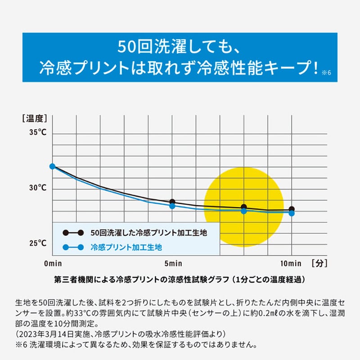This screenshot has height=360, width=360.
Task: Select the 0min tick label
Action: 53,263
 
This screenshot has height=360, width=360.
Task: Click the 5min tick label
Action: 172,263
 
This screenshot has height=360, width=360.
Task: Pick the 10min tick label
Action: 292,263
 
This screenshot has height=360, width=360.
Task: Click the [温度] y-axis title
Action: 34,119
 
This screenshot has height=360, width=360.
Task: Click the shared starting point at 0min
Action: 52,166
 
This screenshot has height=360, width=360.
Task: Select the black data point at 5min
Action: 172,202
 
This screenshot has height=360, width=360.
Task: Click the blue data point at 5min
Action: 172,206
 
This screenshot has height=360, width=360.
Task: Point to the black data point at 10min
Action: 292,209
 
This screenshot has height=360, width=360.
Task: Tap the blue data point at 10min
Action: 292,213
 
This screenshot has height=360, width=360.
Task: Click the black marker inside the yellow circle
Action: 244,207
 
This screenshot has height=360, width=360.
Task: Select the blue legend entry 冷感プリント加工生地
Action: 126,247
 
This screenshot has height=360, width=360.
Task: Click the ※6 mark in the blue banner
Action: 326,72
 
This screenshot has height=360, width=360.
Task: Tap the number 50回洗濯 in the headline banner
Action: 151,47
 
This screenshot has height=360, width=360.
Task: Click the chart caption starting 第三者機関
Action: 180,279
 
